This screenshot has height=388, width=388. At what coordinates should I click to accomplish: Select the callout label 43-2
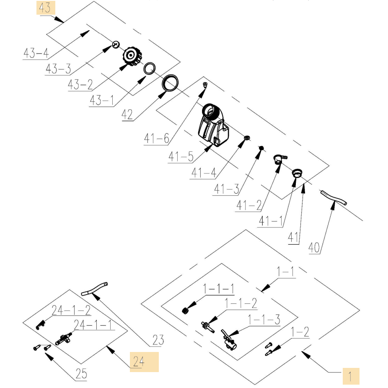pos(80,85)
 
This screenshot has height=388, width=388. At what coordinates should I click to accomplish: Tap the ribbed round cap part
pos(133,56)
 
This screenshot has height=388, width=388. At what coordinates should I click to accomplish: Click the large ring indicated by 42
pos(170,83)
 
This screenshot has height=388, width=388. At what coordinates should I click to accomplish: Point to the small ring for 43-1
pos(150,68)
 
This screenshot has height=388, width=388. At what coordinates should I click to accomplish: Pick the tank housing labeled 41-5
pos(213,125)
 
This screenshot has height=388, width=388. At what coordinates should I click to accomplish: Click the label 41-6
pos(157,138)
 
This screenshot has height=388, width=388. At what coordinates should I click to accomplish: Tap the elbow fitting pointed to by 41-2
pos(280,159)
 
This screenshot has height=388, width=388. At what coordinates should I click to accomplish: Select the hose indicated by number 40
pos(333,198)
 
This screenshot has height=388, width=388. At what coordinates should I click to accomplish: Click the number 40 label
pos(314,248)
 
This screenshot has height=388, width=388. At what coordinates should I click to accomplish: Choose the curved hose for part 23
pos(94,289)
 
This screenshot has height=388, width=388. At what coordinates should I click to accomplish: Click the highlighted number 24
pos(139,362)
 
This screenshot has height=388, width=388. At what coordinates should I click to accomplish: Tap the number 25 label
pos(81,374)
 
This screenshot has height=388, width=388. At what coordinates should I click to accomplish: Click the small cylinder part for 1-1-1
pos(185,310)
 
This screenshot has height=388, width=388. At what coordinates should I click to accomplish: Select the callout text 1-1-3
pos(264,319)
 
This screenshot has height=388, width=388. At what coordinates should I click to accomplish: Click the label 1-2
pos(300,332)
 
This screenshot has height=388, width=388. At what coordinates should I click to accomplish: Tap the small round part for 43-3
pos(116,44)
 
